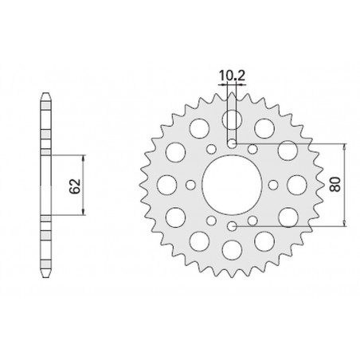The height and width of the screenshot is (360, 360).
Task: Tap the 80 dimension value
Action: click(337, 185)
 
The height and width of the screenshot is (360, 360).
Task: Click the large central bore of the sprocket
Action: click(232, 185)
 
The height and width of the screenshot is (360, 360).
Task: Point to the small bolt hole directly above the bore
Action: click(232, 143)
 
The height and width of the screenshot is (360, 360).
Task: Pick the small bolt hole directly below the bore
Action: click(232, 227)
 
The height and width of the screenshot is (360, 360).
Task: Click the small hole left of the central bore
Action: click(190, 185)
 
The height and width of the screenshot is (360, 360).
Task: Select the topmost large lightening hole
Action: click(232, 119)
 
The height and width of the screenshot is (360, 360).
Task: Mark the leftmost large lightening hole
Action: click(166, 185)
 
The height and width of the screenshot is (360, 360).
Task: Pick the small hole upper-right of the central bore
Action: click(252, 149)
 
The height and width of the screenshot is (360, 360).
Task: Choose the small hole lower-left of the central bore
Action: click(211, 221)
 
